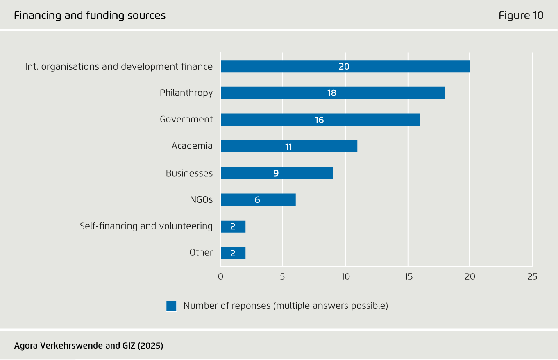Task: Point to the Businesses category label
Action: point(189,173)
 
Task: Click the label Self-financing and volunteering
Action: point(146,226)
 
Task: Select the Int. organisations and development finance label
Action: point(119,66)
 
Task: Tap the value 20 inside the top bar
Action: point(344,66)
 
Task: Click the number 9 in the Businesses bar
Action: point(276,173)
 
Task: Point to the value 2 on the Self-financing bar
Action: point(233,226)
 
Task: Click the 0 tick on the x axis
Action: point(220,277)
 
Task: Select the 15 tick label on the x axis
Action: point(408,277)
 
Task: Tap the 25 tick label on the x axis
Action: point(532,277)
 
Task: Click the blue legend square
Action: point(171,306)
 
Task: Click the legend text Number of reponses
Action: point(286,306)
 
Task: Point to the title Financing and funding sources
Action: point(90,16)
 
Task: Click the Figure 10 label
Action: point(521,16)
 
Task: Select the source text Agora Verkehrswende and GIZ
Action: point(88,346)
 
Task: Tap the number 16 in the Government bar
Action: point(319,120)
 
